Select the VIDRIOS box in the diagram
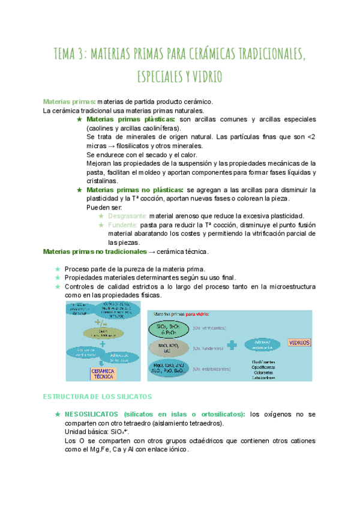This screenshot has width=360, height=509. (x=299, y=343)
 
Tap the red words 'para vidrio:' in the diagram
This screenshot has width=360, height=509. (x=197, y=314)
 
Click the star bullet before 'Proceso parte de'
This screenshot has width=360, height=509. (x=57, y=269)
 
